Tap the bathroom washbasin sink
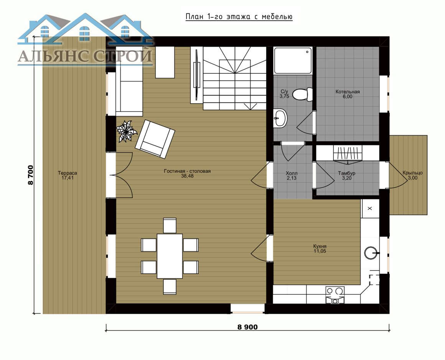pos(280,118)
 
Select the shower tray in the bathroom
pos(293,61)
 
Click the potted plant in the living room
pos(126,131)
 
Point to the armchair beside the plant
pos(155,139)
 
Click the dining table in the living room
pos(170,256)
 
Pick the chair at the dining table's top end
pos(170,226)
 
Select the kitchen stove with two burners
pos(335,295)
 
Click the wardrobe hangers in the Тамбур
pos(348,154)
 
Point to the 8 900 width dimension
pos(247,327)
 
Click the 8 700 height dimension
pos(31,175)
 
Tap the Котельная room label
pos(348,92)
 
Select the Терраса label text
pos(68,173)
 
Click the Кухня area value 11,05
pos(320,251)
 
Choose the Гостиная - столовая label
pos(187,171)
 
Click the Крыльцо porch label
pos(413,173)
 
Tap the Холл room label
pos(292,173)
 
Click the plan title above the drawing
pos(239,17)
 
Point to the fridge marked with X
pos(370,208)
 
